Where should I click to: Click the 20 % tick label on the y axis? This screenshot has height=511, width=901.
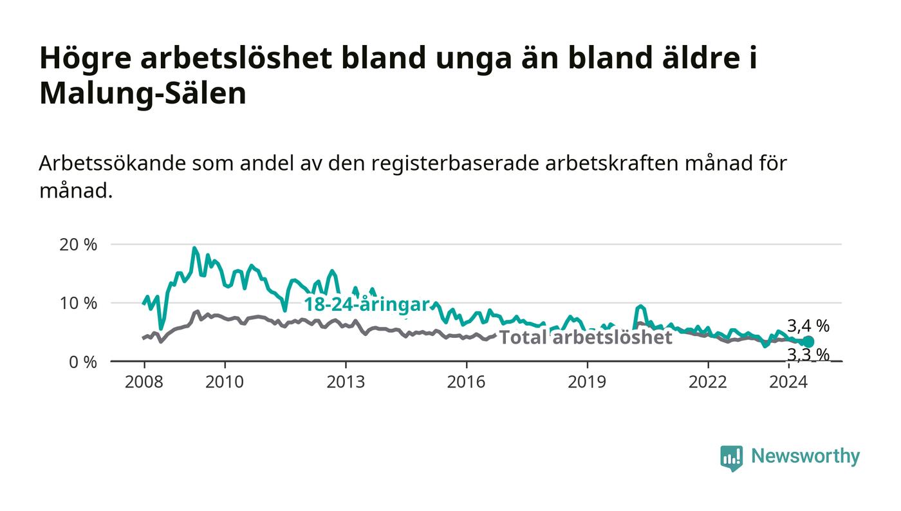[78, 245]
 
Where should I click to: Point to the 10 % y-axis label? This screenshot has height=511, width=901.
[78, 303]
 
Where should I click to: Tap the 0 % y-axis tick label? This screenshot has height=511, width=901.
[83, 362]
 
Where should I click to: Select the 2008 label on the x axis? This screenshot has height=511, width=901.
[144, 382]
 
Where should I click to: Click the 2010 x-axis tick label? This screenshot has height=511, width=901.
[225, 382]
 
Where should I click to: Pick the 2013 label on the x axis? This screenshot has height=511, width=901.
[346, 382]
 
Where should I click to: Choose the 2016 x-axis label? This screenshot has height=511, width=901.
[466, 382]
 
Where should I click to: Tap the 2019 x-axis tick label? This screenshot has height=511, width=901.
[587, 382]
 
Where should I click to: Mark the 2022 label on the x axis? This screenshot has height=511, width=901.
[708, 382]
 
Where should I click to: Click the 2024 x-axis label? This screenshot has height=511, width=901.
[788, 382]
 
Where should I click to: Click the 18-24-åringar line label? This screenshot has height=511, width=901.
[367, 304]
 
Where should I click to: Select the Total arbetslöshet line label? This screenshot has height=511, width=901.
[586, 337]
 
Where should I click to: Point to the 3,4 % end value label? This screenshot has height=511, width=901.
[808, 326]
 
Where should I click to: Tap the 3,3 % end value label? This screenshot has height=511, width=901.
[808, 355]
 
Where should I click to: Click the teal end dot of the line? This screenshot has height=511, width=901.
[808, 342]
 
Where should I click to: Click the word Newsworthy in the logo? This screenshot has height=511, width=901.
[805, 456]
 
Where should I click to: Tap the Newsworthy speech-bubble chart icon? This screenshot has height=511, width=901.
[731, 458]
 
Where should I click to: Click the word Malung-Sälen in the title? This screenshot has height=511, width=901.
[143, 94]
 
